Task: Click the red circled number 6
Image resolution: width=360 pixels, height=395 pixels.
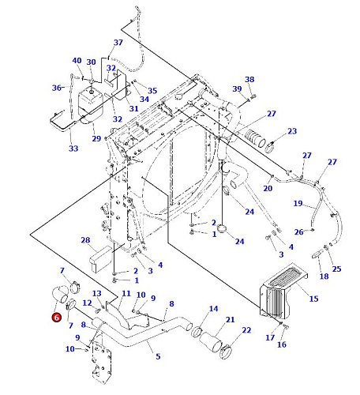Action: coord(56,318)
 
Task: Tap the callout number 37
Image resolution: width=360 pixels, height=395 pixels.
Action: coord(118,43)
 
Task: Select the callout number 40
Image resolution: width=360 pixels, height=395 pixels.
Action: coord(77,61)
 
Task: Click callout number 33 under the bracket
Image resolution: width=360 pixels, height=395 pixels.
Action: coord(73,149)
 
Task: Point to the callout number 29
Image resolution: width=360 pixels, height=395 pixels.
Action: coord(96,138)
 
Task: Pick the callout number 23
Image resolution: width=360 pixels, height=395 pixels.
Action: coord(292,131)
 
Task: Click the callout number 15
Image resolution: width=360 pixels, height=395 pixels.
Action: coord(313,299)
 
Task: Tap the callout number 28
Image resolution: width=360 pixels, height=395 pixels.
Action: coord(85,240)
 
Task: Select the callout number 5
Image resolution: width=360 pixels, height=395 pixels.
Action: coord(158,356)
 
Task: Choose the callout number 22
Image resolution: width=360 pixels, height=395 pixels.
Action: coord(246,330)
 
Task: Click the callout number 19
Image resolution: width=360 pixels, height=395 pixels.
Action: coord(298,203)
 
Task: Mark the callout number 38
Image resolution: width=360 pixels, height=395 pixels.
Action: coord(249,79)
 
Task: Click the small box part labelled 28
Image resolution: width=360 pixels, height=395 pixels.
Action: coord(101,258)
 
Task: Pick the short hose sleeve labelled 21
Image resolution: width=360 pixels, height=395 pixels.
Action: coord(211,342)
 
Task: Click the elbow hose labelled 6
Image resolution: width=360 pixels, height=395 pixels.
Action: coord(59,295)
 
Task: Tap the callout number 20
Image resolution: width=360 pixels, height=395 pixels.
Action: coord(268,188)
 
